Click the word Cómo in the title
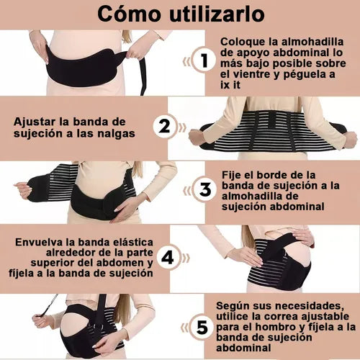(129, 14)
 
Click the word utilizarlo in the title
(217, 14)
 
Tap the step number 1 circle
(204, 60)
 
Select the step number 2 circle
(165, 127)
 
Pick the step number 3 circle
(205, 189)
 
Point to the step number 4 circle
(168, 258)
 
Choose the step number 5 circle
(202, 328)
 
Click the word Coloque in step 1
(243, 42)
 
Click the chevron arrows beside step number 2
(181, 127)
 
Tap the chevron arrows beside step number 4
(185, 258)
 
